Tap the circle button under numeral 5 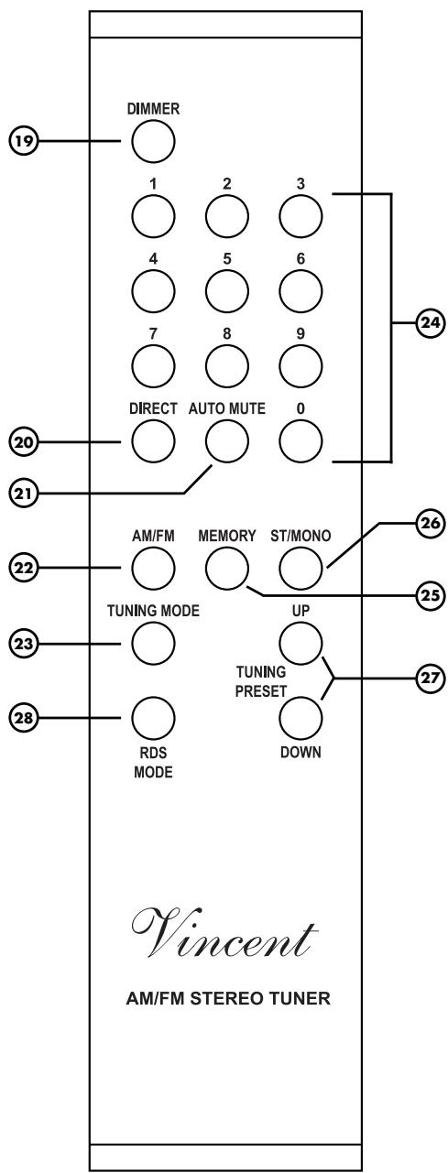[x=226, y=289]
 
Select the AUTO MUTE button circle [x=226, y=440]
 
